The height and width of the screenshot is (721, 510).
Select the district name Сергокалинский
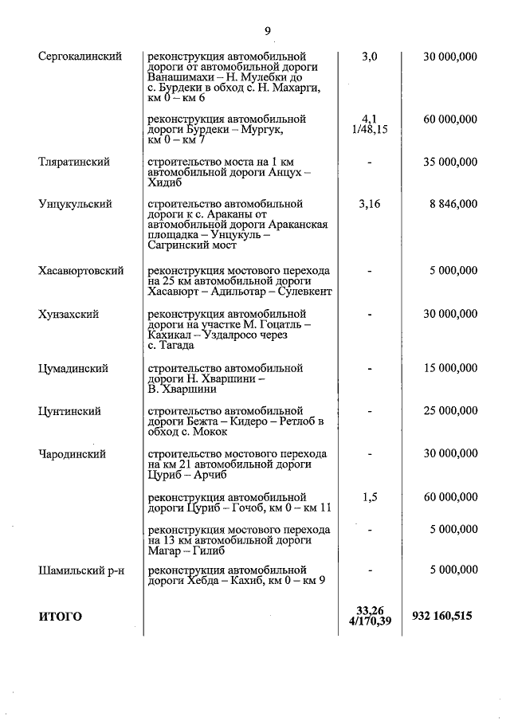[x=80, y=57]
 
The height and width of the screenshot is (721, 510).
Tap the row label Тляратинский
[x=73, y=162]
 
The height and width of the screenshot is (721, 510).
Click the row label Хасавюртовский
[x=80, y=271]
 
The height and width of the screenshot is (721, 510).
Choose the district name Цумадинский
[x=73, y=369]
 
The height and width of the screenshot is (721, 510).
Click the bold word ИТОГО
[x=60, y=617]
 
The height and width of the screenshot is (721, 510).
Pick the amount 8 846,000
[x=453, y=204]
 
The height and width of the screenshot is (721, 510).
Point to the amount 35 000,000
[x=450, y=162]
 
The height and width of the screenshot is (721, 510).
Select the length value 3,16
[x=369, y=204]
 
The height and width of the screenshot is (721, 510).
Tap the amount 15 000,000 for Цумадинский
[x=450, y=369]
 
